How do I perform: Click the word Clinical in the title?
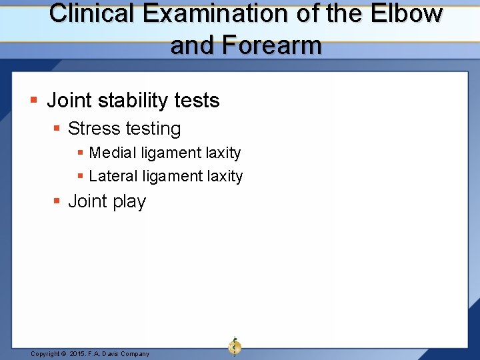pyautogui.click(x=85, y=13)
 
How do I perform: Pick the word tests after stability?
pyautogui.click(x=197, y=101)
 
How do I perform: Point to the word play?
pyautogui.click(x=129, y=201)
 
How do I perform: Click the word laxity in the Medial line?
pyautogui.click(x=223, y=153)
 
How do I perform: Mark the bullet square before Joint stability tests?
pyautogui.click(x=34, y=101)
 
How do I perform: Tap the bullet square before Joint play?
pyautogui.click(x=57, y=201)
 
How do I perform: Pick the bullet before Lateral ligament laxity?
pyautogui.click(x=81, y=177)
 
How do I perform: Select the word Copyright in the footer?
pyautogui.click(x=45, y=354)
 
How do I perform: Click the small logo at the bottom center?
pyautogui.click(x=235, y=346)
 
